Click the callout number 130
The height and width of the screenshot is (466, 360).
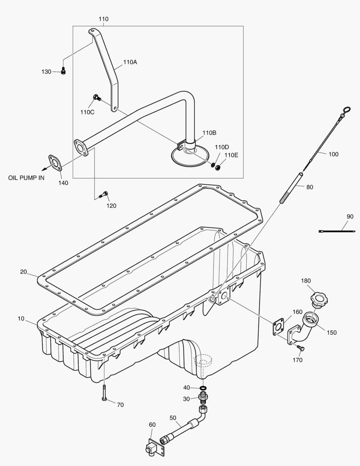(46, 72)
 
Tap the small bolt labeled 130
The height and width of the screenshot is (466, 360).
(63, 71)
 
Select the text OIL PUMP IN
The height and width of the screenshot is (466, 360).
(26, 177)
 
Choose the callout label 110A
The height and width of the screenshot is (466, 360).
(130, 62)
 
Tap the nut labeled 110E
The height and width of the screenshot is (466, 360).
(218, 167)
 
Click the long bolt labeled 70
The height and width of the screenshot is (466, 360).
(104, 393)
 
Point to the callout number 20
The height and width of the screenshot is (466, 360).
(23, 272)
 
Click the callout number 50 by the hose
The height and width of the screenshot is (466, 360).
(173, 418)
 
